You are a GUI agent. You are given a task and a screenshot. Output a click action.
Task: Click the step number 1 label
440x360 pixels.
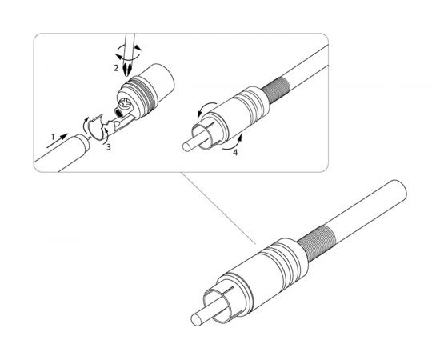tap(54, 137)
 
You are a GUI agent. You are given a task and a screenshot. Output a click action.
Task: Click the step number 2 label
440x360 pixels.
tap(116, 70)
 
